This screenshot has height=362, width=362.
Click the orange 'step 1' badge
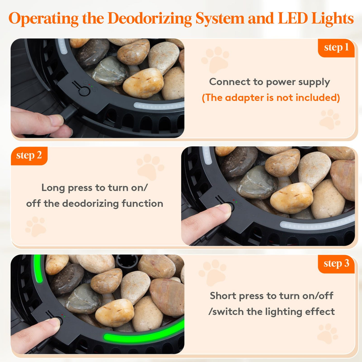click(336, 48)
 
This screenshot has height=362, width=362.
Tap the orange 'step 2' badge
click(29, 156)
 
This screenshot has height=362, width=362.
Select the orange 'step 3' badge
click(336, 264)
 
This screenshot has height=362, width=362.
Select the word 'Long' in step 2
click(53, 188)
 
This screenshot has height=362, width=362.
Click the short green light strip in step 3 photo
click(38, 269)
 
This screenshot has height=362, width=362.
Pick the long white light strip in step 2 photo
click(318, 223)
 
